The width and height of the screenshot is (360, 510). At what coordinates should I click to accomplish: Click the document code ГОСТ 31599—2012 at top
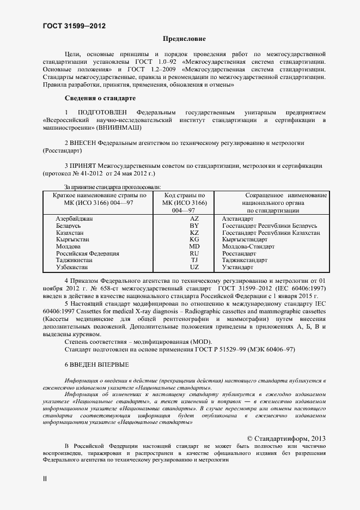(x=74, y=26)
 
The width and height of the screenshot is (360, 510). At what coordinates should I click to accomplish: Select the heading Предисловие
(x=185, y=39)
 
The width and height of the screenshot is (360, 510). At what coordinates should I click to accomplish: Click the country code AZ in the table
(x=194, y=218)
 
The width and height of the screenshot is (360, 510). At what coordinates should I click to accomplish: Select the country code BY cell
(x=194, y=226)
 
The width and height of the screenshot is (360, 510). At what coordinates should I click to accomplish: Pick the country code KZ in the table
(x=194, y=233)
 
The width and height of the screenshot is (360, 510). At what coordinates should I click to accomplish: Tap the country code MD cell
(x=194, y=247)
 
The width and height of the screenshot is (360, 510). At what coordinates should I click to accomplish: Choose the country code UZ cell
(x=194, y=268)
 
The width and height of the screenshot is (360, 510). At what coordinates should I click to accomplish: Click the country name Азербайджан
(x=74, y=218)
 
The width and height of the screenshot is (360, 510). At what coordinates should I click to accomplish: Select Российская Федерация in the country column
(x=87, y=254)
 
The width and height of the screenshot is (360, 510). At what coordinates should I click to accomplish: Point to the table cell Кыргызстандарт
(x=244, y=240)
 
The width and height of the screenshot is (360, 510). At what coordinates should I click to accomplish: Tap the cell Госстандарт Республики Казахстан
(x=271, y=233)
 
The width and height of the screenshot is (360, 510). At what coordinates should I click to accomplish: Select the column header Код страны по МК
(x=185, y=202)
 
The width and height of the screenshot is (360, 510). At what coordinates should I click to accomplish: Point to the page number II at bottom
(x=45, y=478)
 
